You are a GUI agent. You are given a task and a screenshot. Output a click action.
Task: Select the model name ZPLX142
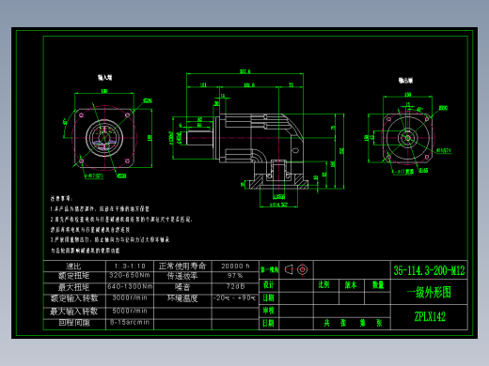coord(429,317)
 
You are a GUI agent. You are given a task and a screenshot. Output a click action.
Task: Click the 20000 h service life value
coord(233,266)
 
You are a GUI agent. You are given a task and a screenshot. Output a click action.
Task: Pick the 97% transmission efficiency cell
coord(233,276)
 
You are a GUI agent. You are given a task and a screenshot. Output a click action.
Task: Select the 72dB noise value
coord(233,286)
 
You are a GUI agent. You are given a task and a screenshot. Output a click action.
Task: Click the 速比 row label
coord(75,266)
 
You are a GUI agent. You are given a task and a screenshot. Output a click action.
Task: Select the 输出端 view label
coord(407,82)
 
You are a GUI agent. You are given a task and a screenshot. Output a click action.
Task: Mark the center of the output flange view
coord(407,136)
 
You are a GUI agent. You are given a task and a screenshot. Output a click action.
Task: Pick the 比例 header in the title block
coord(324,283)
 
